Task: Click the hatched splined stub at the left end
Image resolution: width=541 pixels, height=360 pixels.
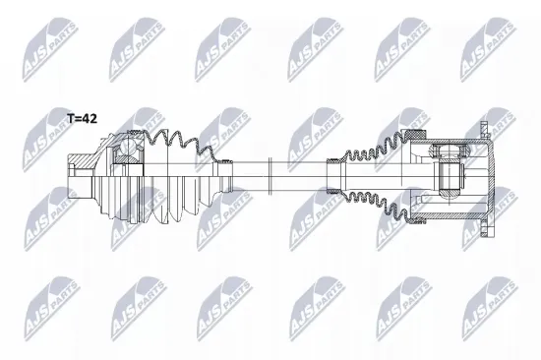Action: (x=81, y=163)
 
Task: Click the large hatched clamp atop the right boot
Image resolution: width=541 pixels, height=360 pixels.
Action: (x=414, y=138)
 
